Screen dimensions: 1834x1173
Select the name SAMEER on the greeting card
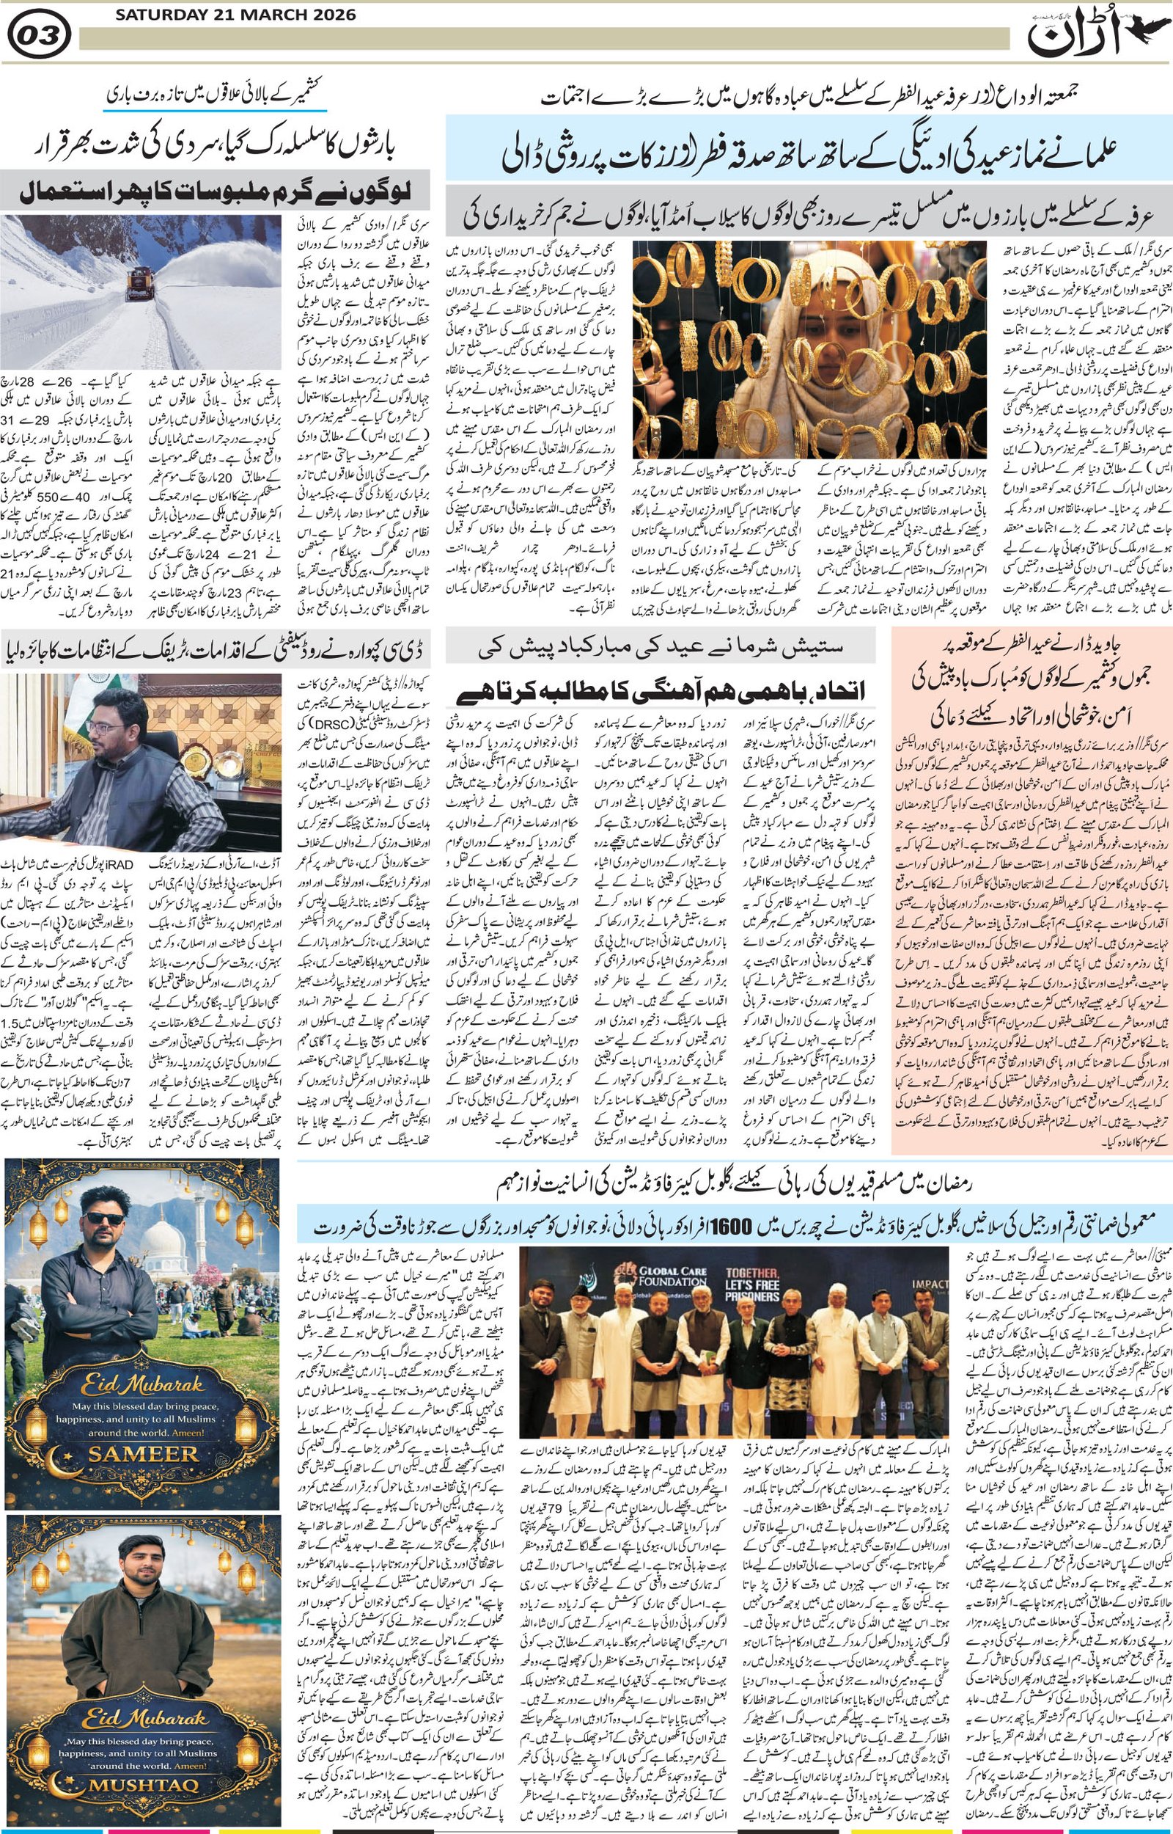[x=144, y=1453]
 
